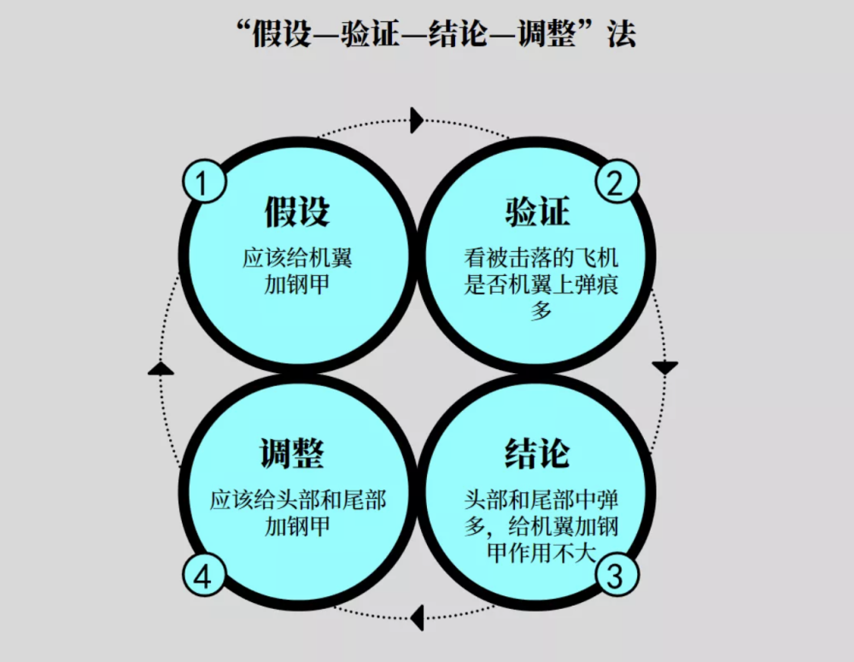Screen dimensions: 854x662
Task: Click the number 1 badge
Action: (203, 182)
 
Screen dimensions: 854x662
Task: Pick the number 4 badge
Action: (203, 576)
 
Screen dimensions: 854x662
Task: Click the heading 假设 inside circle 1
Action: (297, 211)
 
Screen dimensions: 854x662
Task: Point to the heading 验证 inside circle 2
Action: (537, 211)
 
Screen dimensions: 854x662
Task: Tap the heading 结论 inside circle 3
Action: (537, 453)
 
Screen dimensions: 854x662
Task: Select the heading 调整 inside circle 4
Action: (292, 453)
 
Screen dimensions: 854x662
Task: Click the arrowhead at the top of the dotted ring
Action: (418, 120)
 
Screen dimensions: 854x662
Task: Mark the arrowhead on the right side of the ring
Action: (665, 367)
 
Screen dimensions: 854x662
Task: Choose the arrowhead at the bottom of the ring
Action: (418, 618)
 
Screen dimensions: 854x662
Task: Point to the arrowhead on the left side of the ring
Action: (161, 368)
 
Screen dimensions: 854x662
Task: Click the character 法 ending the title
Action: (622, 34)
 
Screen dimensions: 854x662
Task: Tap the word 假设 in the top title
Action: (281, 34)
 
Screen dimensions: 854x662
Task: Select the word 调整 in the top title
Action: (547, 34)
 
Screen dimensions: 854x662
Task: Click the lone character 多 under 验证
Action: (541, 311)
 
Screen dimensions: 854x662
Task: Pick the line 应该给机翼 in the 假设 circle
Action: (297, 258)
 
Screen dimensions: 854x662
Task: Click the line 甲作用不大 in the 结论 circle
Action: (541, 553)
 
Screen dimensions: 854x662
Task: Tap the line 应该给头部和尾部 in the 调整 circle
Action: (298, 501)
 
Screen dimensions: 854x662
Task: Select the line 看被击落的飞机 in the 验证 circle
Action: (541, 258)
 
